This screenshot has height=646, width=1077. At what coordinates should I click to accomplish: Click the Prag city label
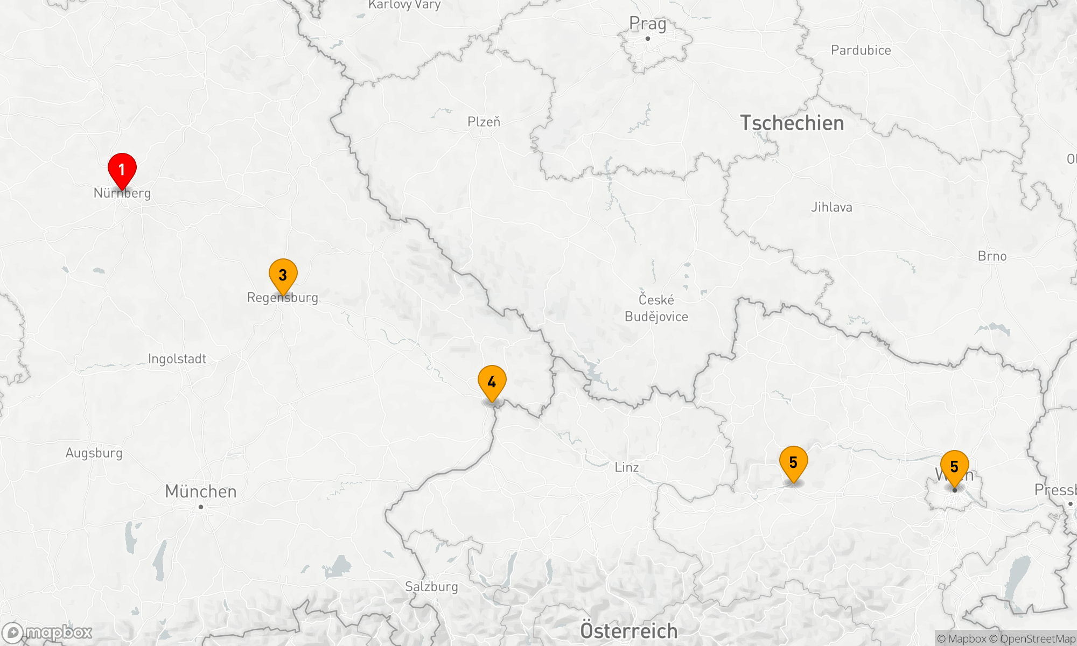(647, 24)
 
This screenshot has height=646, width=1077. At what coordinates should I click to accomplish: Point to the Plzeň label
(484, 122)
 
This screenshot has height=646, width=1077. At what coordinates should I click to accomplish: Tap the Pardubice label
(861, 50)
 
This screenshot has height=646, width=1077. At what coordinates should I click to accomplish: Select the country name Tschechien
(792, 123)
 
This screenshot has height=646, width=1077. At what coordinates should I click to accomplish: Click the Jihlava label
(831, 207)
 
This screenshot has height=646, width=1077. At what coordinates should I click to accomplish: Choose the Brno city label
(992, 256)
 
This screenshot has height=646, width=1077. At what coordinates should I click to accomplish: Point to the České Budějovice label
(656, 308)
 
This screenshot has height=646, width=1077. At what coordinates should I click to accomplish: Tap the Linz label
(627, 467)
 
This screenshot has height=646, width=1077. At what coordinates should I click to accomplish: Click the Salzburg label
(431, 586)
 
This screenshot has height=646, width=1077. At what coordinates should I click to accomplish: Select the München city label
(200, 491)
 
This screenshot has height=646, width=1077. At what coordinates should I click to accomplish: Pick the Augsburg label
(94, 453)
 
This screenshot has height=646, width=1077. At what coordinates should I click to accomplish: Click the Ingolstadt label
(177, 359)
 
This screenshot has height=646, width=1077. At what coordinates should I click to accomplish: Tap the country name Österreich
(628, 630)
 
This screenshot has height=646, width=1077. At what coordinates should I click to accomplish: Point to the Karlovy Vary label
(404, 5)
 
